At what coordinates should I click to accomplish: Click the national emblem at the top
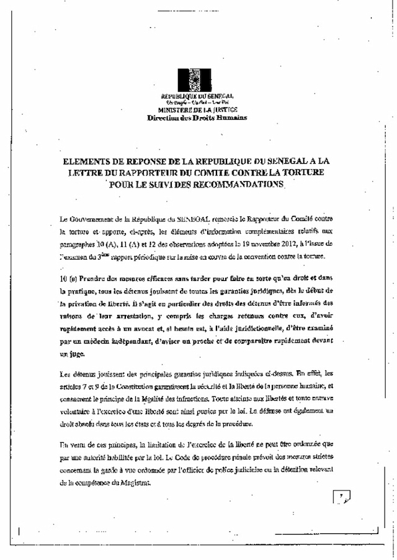point(197,81)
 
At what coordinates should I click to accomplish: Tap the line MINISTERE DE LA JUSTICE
point(197,109)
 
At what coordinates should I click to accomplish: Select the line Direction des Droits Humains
point(197,117)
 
